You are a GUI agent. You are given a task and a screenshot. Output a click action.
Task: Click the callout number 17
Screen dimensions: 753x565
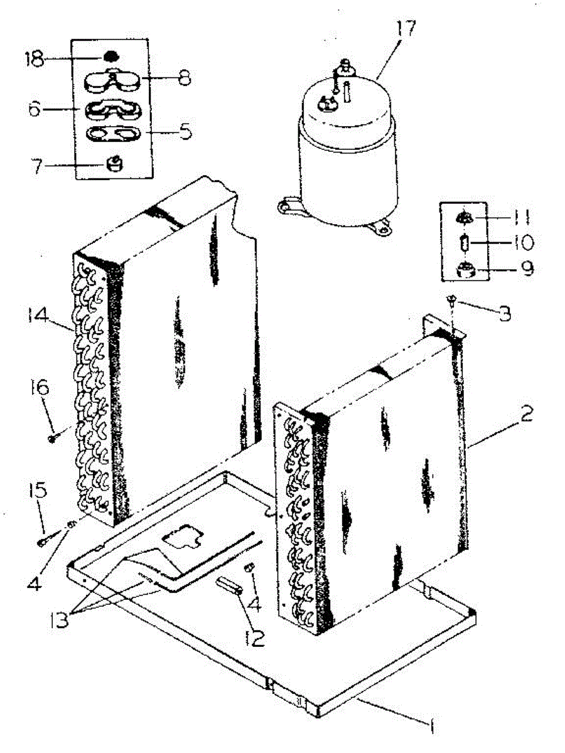(x=406, y=29)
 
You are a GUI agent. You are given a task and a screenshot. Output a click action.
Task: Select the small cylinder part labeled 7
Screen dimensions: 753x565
(x=114, y=165)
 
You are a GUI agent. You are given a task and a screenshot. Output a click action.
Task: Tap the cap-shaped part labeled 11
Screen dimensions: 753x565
(x=465, y=218)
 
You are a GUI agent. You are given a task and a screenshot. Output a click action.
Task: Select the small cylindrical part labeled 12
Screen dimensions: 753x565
(x=230, y=587)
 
